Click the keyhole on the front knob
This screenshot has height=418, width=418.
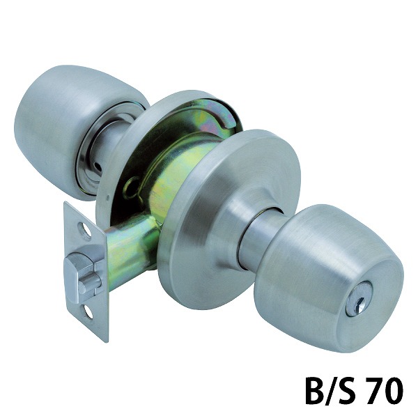click(355, 306)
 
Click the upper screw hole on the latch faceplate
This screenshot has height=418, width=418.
click(86, 230)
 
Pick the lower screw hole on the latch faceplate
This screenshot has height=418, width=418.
click(89, 311)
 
